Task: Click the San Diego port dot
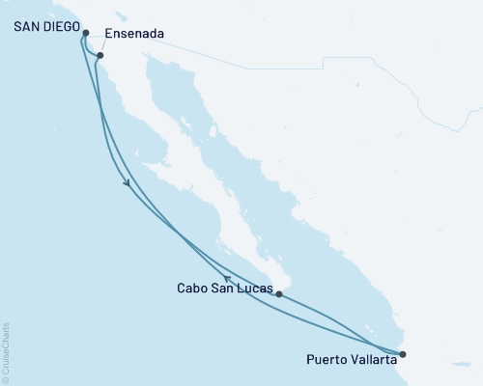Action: coord(87,33)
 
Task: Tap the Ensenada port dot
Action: coord(99,56)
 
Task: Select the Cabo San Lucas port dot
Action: coord(278,293)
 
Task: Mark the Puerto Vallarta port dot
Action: coord(403,354)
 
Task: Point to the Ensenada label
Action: coord(135,34)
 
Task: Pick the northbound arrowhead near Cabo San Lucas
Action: coord(229,279)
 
